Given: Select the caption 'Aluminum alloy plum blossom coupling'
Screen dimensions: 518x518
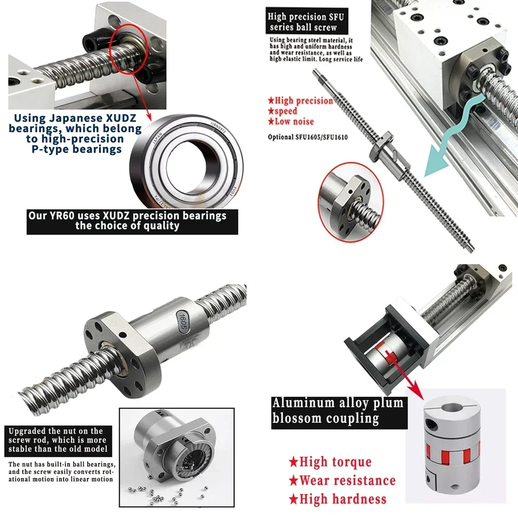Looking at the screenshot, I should (338, 410).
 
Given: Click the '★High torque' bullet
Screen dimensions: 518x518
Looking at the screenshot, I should (330, 462).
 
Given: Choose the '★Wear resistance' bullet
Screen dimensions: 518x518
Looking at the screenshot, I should (342, 481).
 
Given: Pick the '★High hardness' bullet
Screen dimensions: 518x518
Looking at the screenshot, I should (337, 499).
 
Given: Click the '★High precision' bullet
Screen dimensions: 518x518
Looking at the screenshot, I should (300, 100).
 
